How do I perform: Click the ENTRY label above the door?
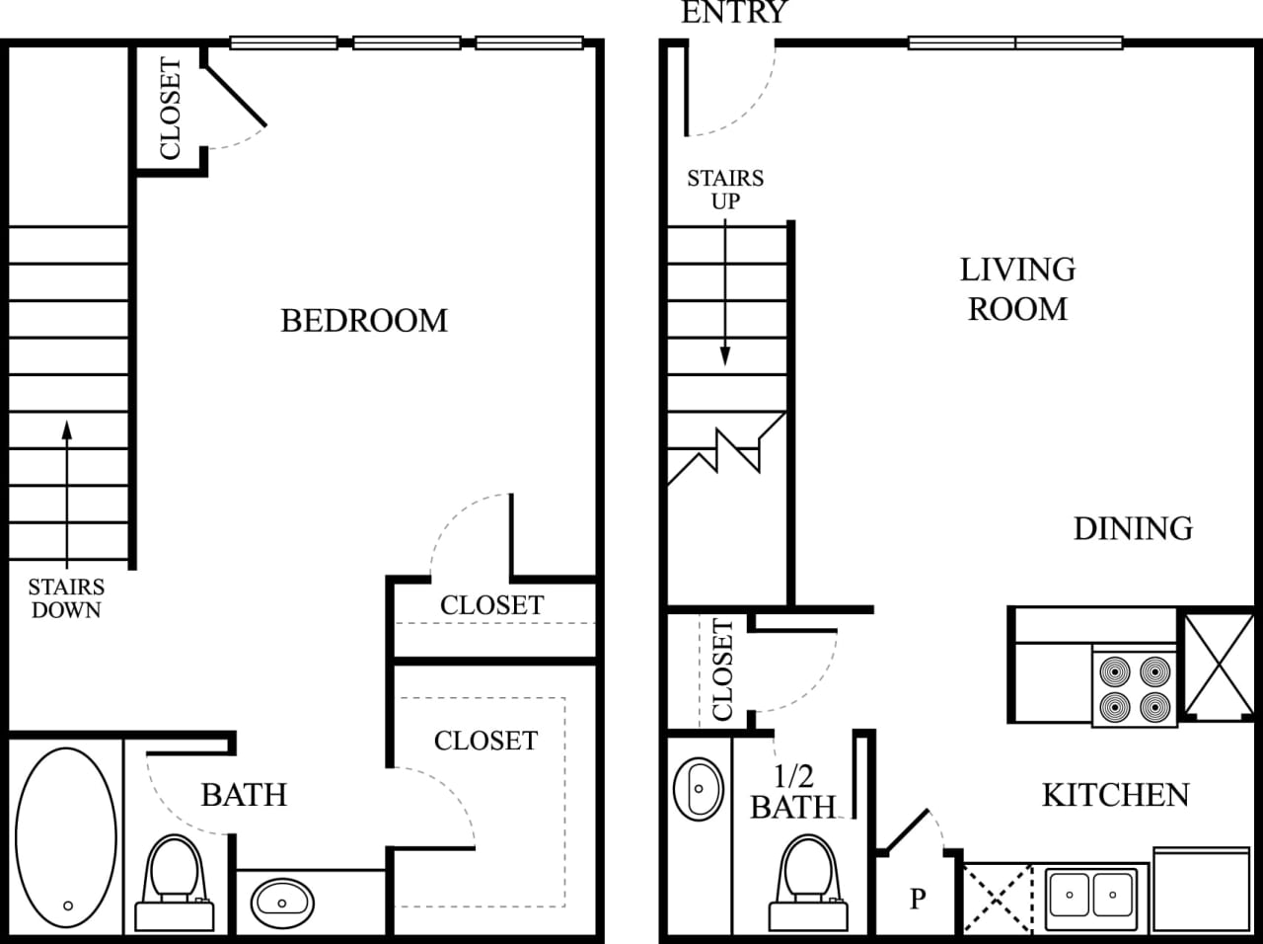(x=734, y=12)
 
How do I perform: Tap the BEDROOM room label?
(x=364, y=321)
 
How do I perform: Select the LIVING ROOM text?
(x=1017, y=288)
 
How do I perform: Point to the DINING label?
(x=1133, y=528)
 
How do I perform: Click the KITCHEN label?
(x=1115, y=795)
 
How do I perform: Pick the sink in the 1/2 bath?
(x=699, y=788)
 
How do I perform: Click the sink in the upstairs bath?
(x=282, y=901)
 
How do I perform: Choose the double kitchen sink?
(x=1090, y=897)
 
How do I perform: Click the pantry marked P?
(x=918, y=898)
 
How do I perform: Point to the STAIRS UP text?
(x=725, y=189)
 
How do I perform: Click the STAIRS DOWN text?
(x=66, y=598)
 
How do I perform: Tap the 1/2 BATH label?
(x=792, y=792)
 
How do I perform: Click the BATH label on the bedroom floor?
(x=244, y=795)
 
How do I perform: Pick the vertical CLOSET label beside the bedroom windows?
(x=170, y=109)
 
